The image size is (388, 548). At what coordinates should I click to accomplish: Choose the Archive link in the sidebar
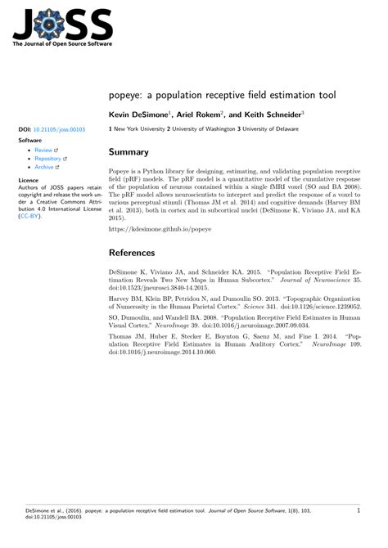44,166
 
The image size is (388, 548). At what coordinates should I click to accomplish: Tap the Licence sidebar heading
29,179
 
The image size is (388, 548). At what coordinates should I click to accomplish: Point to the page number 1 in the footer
359,533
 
